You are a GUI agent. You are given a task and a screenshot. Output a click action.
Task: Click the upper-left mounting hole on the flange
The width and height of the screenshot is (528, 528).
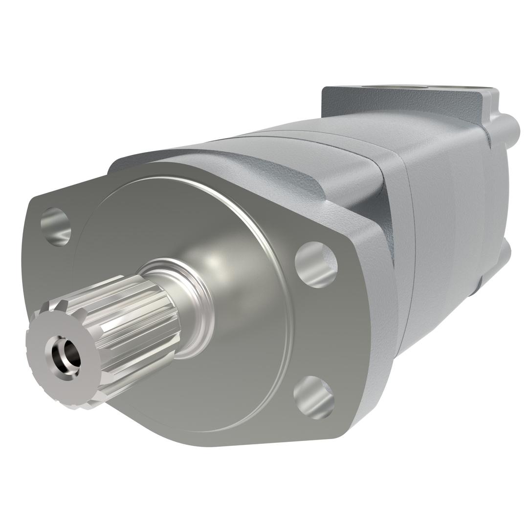[56, 226]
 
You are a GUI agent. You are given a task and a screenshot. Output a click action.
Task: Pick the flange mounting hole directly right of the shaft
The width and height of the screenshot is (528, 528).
[316, 264]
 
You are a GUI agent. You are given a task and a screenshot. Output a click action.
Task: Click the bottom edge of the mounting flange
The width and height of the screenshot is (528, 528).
[220, 442]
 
